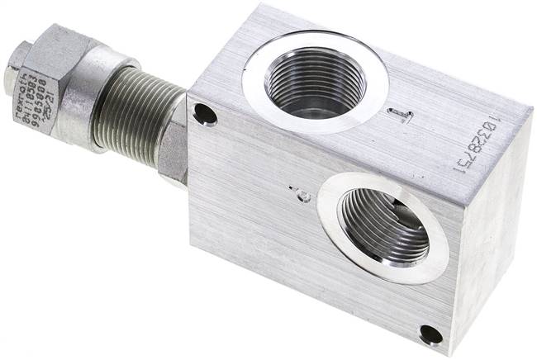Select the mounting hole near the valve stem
click(x=206, y=115)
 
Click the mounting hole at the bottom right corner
click(x=430, y=334)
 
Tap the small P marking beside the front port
click(x=303, y=196)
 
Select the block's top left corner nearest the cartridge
click(x=192, y=95)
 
